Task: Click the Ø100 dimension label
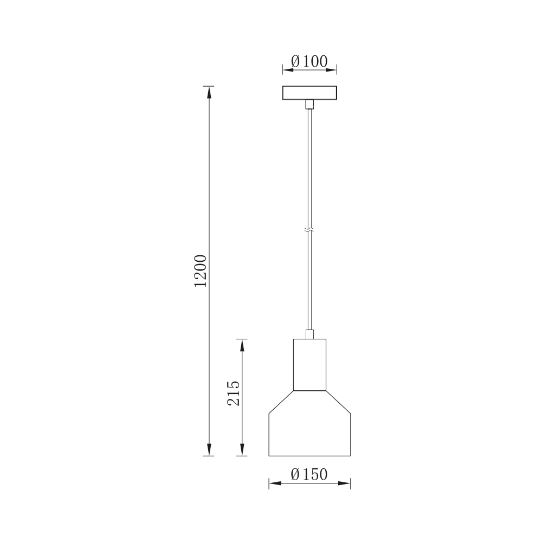(309, 62)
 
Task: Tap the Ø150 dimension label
(309, 474)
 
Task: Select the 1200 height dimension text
(201, 271)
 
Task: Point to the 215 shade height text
(233, 393)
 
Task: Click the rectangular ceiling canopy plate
(309, 93)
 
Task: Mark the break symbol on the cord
(309, 229)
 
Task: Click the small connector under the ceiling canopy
(309, 105)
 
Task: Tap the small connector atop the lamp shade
(309, 334)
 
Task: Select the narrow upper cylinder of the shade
(309, 365)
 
